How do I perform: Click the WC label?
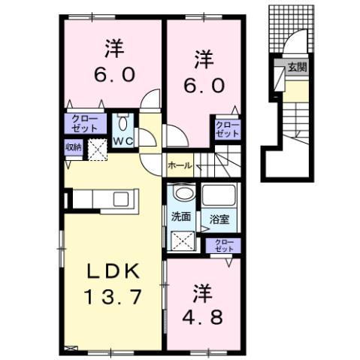point(123,140)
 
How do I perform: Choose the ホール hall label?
point(179,165)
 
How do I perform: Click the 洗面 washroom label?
point(181,218)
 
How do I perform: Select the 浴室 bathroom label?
point(219,218)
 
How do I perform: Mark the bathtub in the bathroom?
point(219,195)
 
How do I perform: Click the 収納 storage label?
point(73,147)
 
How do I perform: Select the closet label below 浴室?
point(224,244)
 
